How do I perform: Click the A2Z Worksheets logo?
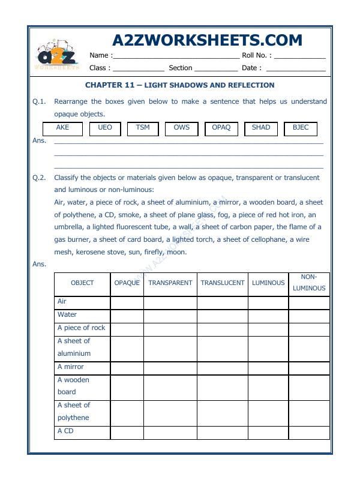click(x=58, y=56)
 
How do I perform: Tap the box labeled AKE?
click(x=62, y=128)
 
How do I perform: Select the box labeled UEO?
click(x=105, y=128)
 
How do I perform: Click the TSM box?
click(x=143, y=128)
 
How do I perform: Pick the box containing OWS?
click(x=181, y=128)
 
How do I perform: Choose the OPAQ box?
click(x=221, y=128)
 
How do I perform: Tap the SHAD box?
click(x=261, y=128)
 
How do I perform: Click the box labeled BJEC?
click(x=301, y=128)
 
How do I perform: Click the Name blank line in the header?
click(x=176, y=56)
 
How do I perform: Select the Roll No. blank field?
click(x=299, y=56)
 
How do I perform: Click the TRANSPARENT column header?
click(x=170, y=283)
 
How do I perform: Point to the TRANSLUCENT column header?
click(x=223, y=283)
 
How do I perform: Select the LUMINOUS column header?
click(x=268, y=283)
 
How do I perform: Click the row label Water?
click(x=67, y=315)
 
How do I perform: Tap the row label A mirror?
click(x=71, y=367)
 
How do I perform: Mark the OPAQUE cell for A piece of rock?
click(x=127, y=329)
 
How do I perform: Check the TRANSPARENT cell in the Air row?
click(x=170, y=302)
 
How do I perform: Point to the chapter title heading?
click(x=179, y=85)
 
